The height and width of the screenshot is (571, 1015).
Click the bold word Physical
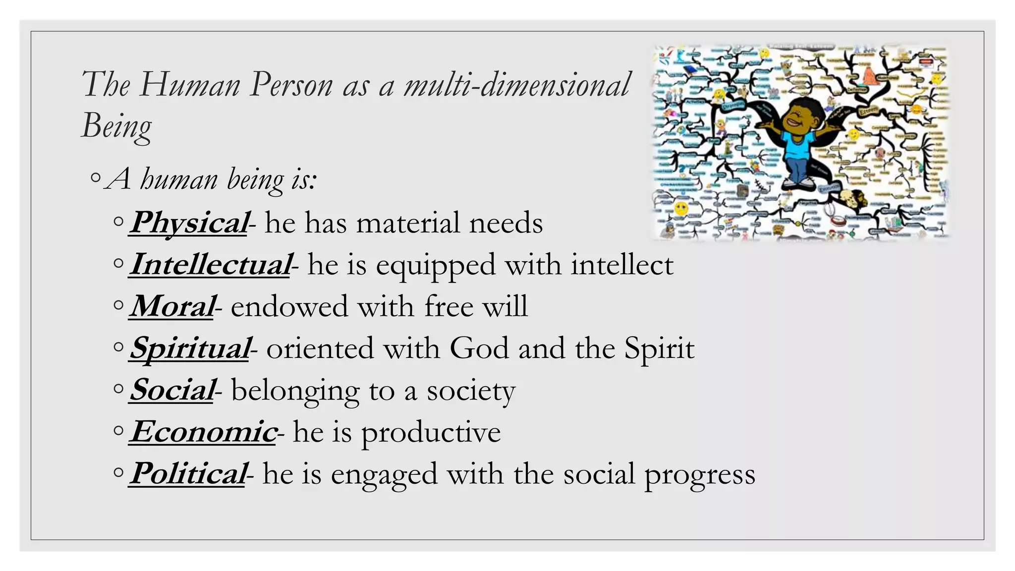click(188, 223)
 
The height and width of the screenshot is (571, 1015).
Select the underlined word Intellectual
click(210, 265)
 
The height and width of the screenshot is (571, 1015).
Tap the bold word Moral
click(172, 306)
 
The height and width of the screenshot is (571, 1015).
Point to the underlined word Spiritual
click(189, 348)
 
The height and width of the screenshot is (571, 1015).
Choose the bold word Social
click(172, 390)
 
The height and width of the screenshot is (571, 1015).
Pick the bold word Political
click(188, 474)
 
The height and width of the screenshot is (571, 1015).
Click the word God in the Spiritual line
click(479, 348)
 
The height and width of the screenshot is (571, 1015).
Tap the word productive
click(431, 433)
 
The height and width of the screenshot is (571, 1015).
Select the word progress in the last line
click(699, 475)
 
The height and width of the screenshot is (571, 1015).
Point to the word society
click(471, 391)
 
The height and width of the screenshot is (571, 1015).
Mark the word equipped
click(435, 266)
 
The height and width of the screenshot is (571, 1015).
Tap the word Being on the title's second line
click(116, 126)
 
